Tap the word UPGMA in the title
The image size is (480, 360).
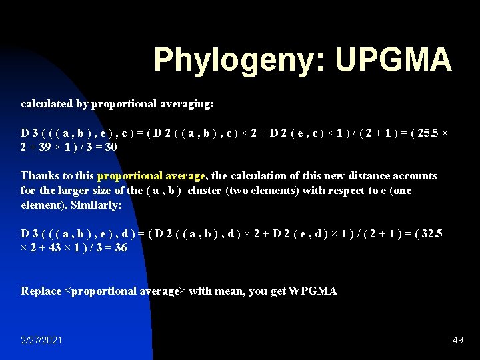click(x=393, y=60)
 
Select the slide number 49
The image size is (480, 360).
click(x=457, y=340)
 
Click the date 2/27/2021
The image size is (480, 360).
click(x=42, y=340)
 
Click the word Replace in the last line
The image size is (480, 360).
click(x=41, y=291)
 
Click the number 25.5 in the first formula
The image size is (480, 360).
click(x=426, y=133)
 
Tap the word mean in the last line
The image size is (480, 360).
click(x=226, y=291)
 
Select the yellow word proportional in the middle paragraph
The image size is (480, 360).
click(x=130, y=176)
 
